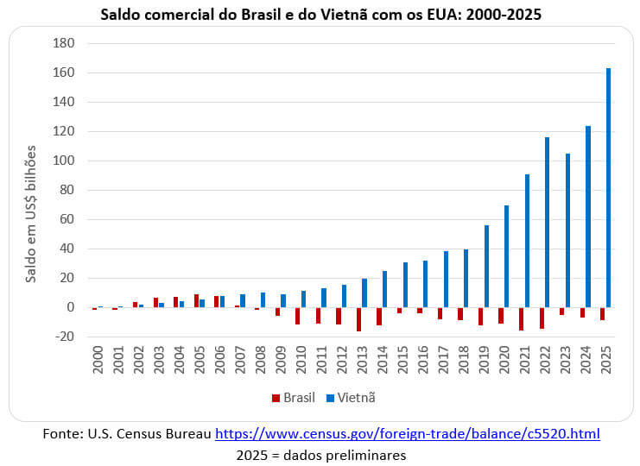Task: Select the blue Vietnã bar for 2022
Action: (548, 222)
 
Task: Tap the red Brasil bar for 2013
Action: (358, 319)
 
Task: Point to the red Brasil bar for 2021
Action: (521, 318)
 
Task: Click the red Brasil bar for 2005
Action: (196, 300)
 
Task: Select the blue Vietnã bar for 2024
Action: (587, 217)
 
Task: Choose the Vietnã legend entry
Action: (349, 398)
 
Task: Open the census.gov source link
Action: (407, 434)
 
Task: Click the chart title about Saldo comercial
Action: (320, 15)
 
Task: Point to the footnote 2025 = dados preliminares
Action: (320, 455)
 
